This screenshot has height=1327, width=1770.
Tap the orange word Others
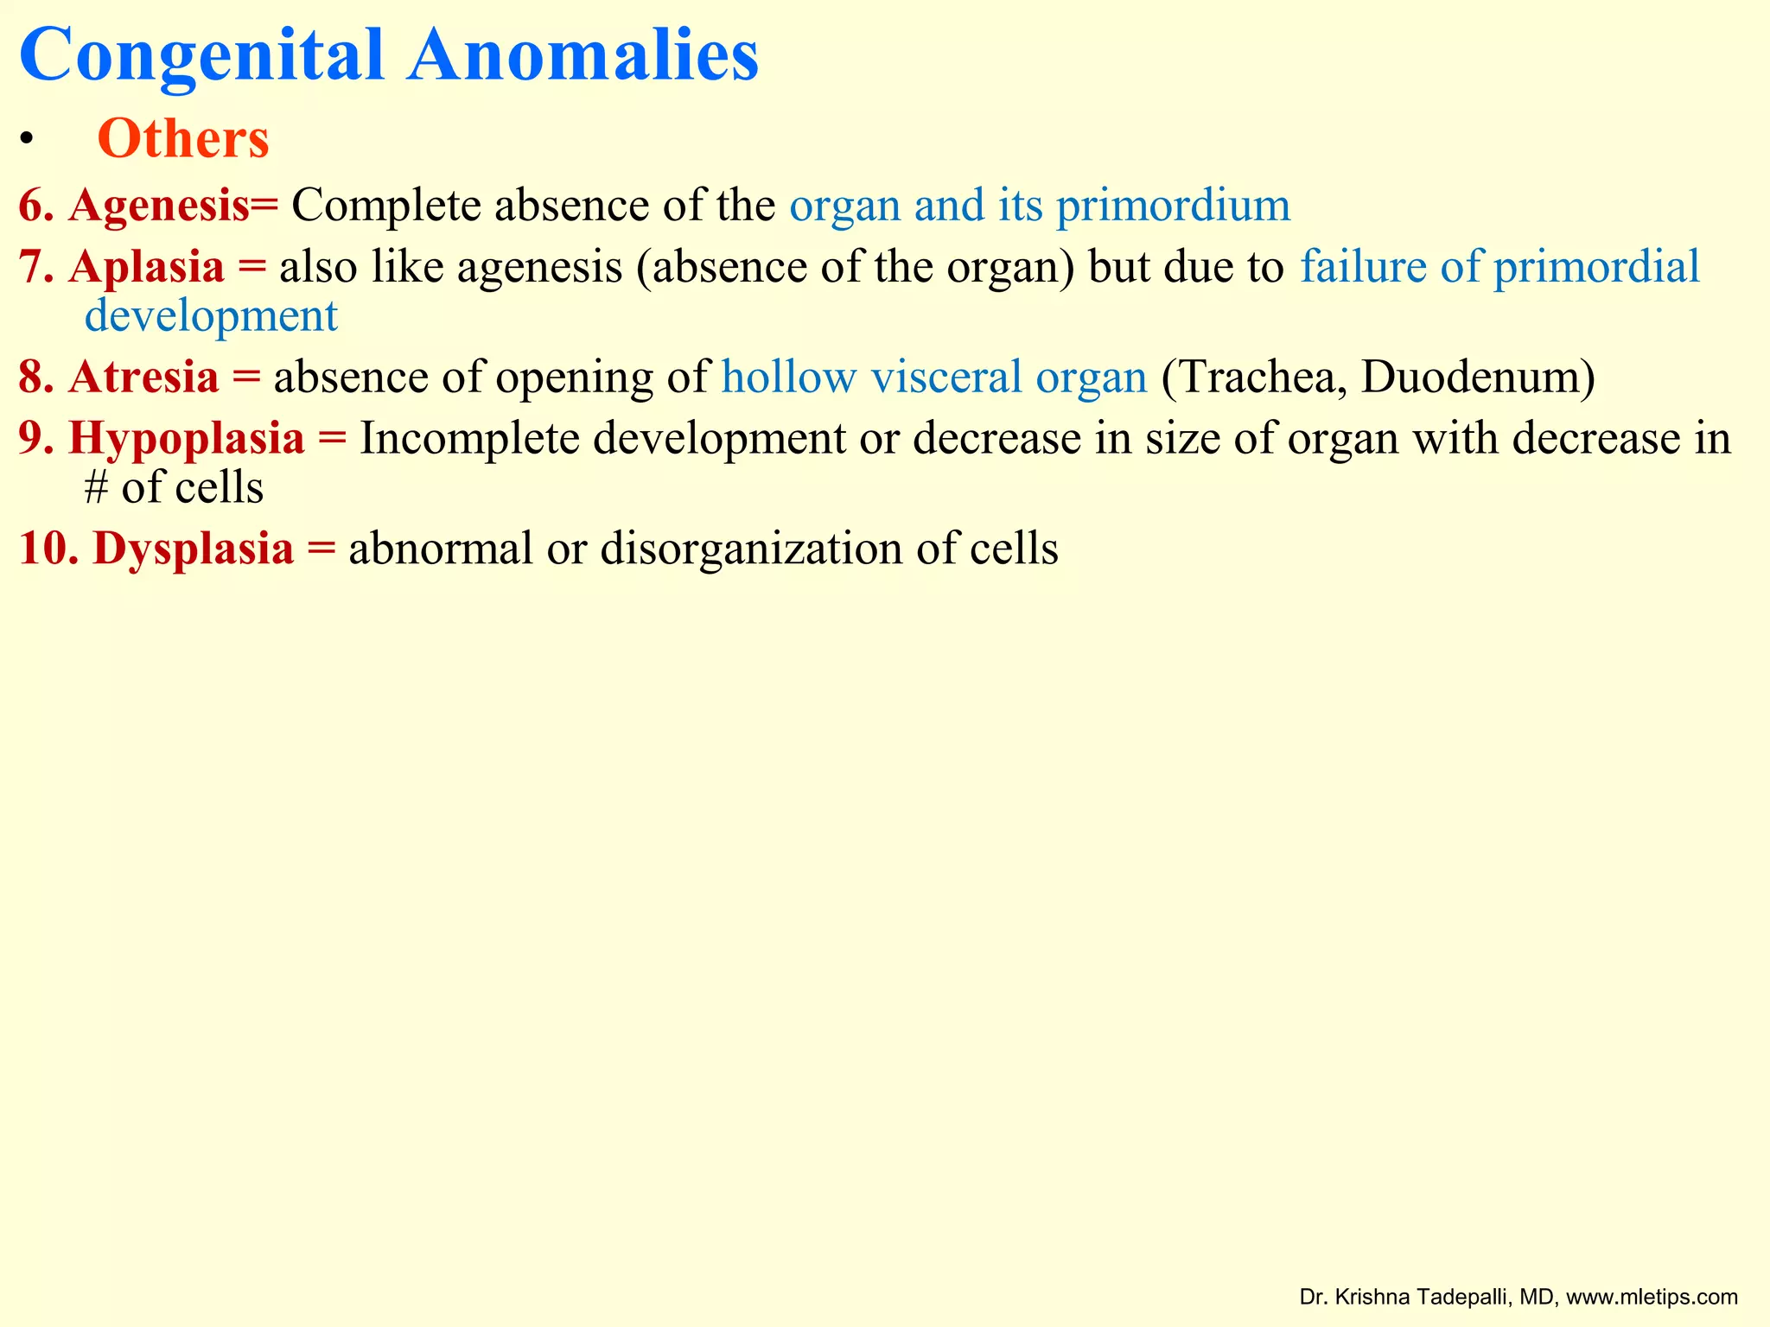point(183,138)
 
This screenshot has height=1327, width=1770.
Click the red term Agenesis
point(159,206)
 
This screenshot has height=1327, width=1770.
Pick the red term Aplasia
point(147,266)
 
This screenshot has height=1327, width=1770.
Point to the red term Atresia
point(143,378)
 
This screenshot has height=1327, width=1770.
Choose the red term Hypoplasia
point(187,438)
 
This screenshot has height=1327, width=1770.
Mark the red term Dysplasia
point(194,549)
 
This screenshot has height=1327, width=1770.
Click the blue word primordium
point(1173,206)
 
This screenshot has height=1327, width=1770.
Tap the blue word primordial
point(1596,266)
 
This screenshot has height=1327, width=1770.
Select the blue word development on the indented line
point(211,316)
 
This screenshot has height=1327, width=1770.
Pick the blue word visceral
point(946,378)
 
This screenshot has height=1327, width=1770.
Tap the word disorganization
point(751,549)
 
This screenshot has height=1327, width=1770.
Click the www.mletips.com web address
point(1652,1297)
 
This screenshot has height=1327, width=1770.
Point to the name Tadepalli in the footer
point(1466,1297)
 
